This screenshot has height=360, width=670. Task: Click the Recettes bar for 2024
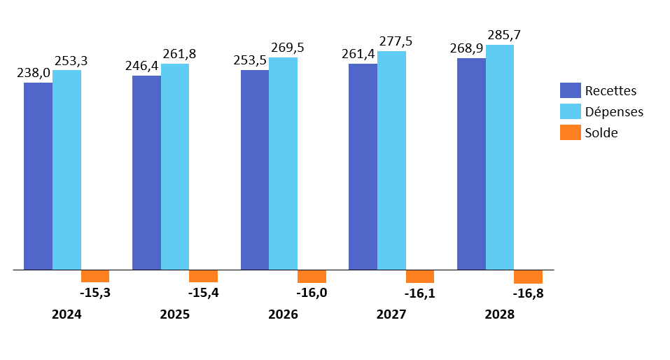38,176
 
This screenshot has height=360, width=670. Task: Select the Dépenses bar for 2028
500,157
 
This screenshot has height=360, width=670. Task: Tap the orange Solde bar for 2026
312,276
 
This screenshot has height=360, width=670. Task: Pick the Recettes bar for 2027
363,167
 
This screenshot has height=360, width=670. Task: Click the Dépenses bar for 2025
175,167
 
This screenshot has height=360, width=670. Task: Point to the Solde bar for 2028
528,276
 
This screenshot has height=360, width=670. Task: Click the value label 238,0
33,74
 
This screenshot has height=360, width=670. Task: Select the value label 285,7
504,35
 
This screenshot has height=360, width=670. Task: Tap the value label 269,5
288,48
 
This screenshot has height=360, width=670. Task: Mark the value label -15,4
204,293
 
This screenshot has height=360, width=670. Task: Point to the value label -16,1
420,293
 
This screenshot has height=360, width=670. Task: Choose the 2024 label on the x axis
67,315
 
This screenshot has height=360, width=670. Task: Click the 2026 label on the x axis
283,315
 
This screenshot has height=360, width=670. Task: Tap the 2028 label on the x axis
499,315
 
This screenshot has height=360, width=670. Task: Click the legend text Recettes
610,90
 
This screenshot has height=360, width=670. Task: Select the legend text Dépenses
614,111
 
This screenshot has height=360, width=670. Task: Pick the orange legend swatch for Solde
571,132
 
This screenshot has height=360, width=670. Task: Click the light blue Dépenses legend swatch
571,111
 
